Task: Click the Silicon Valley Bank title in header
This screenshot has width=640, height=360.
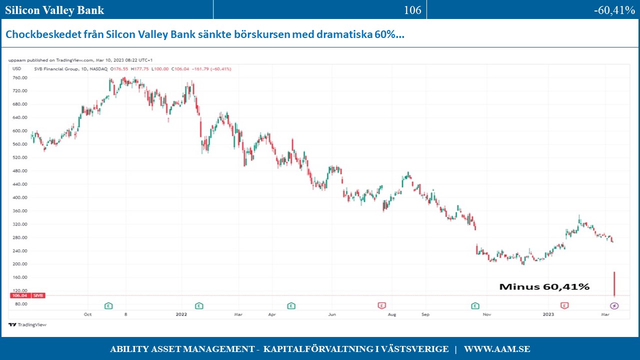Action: coord(55,10)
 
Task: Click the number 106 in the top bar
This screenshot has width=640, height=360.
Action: coord(412,10)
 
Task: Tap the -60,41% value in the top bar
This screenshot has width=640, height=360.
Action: coord(614,10)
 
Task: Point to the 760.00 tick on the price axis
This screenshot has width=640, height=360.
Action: coord(19,78)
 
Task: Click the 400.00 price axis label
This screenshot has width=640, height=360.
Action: coord(19,197)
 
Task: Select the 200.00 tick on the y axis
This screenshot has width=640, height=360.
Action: coord(19,264)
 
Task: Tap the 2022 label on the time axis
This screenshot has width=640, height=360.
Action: coord(181,314)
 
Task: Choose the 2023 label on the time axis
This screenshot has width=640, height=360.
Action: coord(548,314)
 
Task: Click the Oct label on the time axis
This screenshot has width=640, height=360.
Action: coord(88,314)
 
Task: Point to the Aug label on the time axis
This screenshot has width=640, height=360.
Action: coord(392,314)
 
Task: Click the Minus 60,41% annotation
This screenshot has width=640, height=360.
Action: coord(544,287)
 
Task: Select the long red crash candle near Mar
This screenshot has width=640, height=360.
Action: coord(614,284)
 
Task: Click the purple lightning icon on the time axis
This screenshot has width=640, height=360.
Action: coord(614,305)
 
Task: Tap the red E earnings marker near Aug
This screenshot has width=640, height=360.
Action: coord(381,305)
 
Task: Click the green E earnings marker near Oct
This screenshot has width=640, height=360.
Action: coord(108,305)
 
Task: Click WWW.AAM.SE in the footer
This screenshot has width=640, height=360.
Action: coord(497,349)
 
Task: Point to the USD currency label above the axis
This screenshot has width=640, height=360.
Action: coord(16,68)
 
